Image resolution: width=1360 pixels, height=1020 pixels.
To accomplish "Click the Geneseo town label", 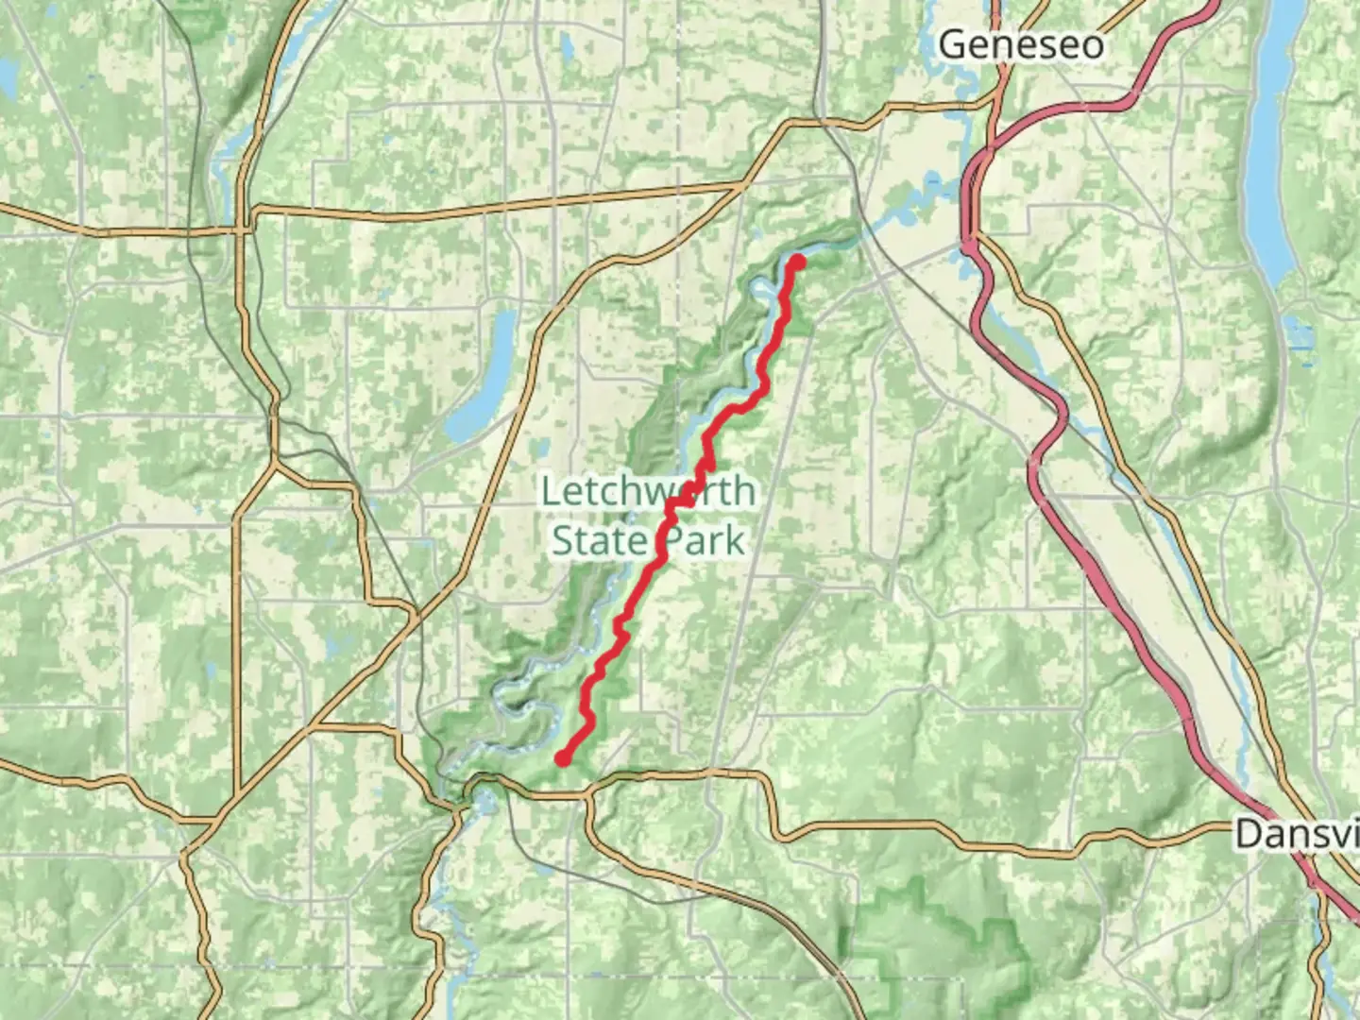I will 1021,44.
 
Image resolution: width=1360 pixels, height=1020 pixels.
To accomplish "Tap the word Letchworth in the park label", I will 648,491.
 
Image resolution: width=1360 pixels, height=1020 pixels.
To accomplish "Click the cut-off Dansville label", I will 1297,834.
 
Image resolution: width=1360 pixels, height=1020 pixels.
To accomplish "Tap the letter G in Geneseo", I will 955,44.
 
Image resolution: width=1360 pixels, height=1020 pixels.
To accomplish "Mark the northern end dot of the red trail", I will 797,262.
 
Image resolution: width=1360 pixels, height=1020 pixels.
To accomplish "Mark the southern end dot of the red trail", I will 563,757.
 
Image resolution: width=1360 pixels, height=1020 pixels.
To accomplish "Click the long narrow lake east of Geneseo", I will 1270,142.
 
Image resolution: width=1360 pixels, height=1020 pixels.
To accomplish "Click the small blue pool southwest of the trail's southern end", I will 486,804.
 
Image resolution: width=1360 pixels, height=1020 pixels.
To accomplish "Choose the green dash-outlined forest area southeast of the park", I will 944,954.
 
